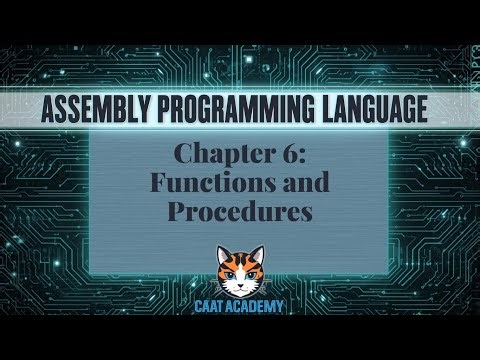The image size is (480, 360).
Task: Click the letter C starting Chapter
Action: click(183, 155)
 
